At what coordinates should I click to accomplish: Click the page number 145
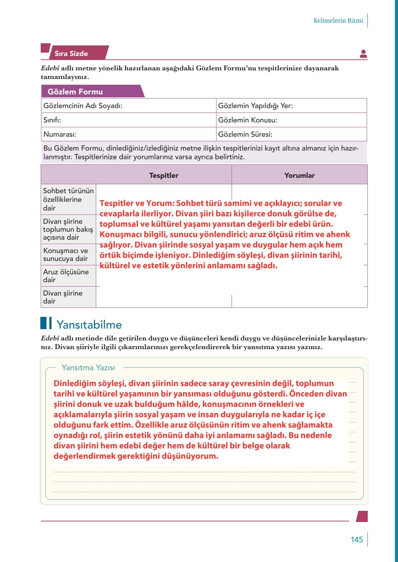(357, 540)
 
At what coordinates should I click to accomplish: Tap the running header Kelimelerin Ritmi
(338, 21)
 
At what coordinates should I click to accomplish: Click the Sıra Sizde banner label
(71, 53)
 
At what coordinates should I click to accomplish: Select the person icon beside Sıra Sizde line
(363, 54)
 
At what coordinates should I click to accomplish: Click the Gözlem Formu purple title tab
(75, 92)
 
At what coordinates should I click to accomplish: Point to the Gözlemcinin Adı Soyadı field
(83, 106)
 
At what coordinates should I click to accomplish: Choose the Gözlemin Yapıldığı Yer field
(255, 106)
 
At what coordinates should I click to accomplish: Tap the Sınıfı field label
(52, 120)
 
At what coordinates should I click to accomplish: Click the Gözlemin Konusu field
(247, 120)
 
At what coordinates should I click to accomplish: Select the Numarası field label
(60, 134)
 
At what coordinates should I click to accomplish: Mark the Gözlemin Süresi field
(245, 134)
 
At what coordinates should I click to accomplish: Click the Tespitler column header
(164, 176)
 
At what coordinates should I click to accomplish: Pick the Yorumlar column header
(299, 176)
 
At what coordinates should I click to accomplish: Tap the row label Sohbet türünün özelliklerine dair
(68, 199)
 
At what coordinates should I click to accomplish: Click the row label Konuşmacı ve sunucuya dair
(66, 255)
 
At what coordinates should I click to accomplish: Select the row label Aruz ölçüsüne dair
(66, 276)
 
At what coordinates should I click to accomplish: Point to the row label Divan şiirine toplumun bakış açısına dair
(68, 229)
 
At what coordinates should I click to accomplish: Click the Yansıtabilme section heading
(89, 324)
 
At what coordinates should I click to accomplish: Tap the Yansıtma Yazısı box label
(88, 368)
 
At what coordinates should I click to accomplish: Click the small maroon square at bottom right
(362, 516)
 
